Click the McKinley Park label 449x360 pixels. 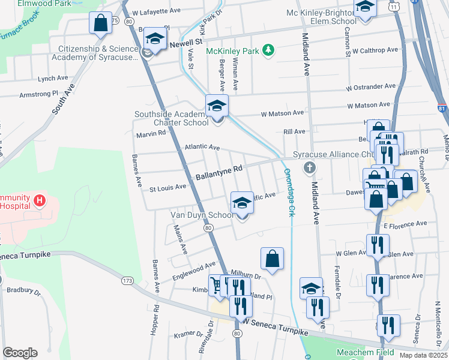point(232,51)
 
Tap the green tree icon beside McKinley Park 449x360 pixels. point(270,50)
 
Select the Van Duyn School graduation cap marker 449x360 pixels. point(242,203)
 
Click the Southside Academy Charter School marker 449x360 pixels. point(217,107)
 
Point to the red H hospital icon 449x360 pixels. point(39,200)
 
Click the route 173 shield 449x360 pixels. point(127,280)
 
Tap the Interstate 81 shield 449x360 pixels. point(442,109)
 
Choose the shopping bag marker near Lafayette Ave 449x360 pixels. point(100,23)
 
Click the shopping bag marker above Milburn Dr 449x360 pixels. point(272,259)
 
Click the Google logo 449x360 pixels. point(20,352)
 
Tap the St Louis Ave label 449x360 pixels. point(167,187)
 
